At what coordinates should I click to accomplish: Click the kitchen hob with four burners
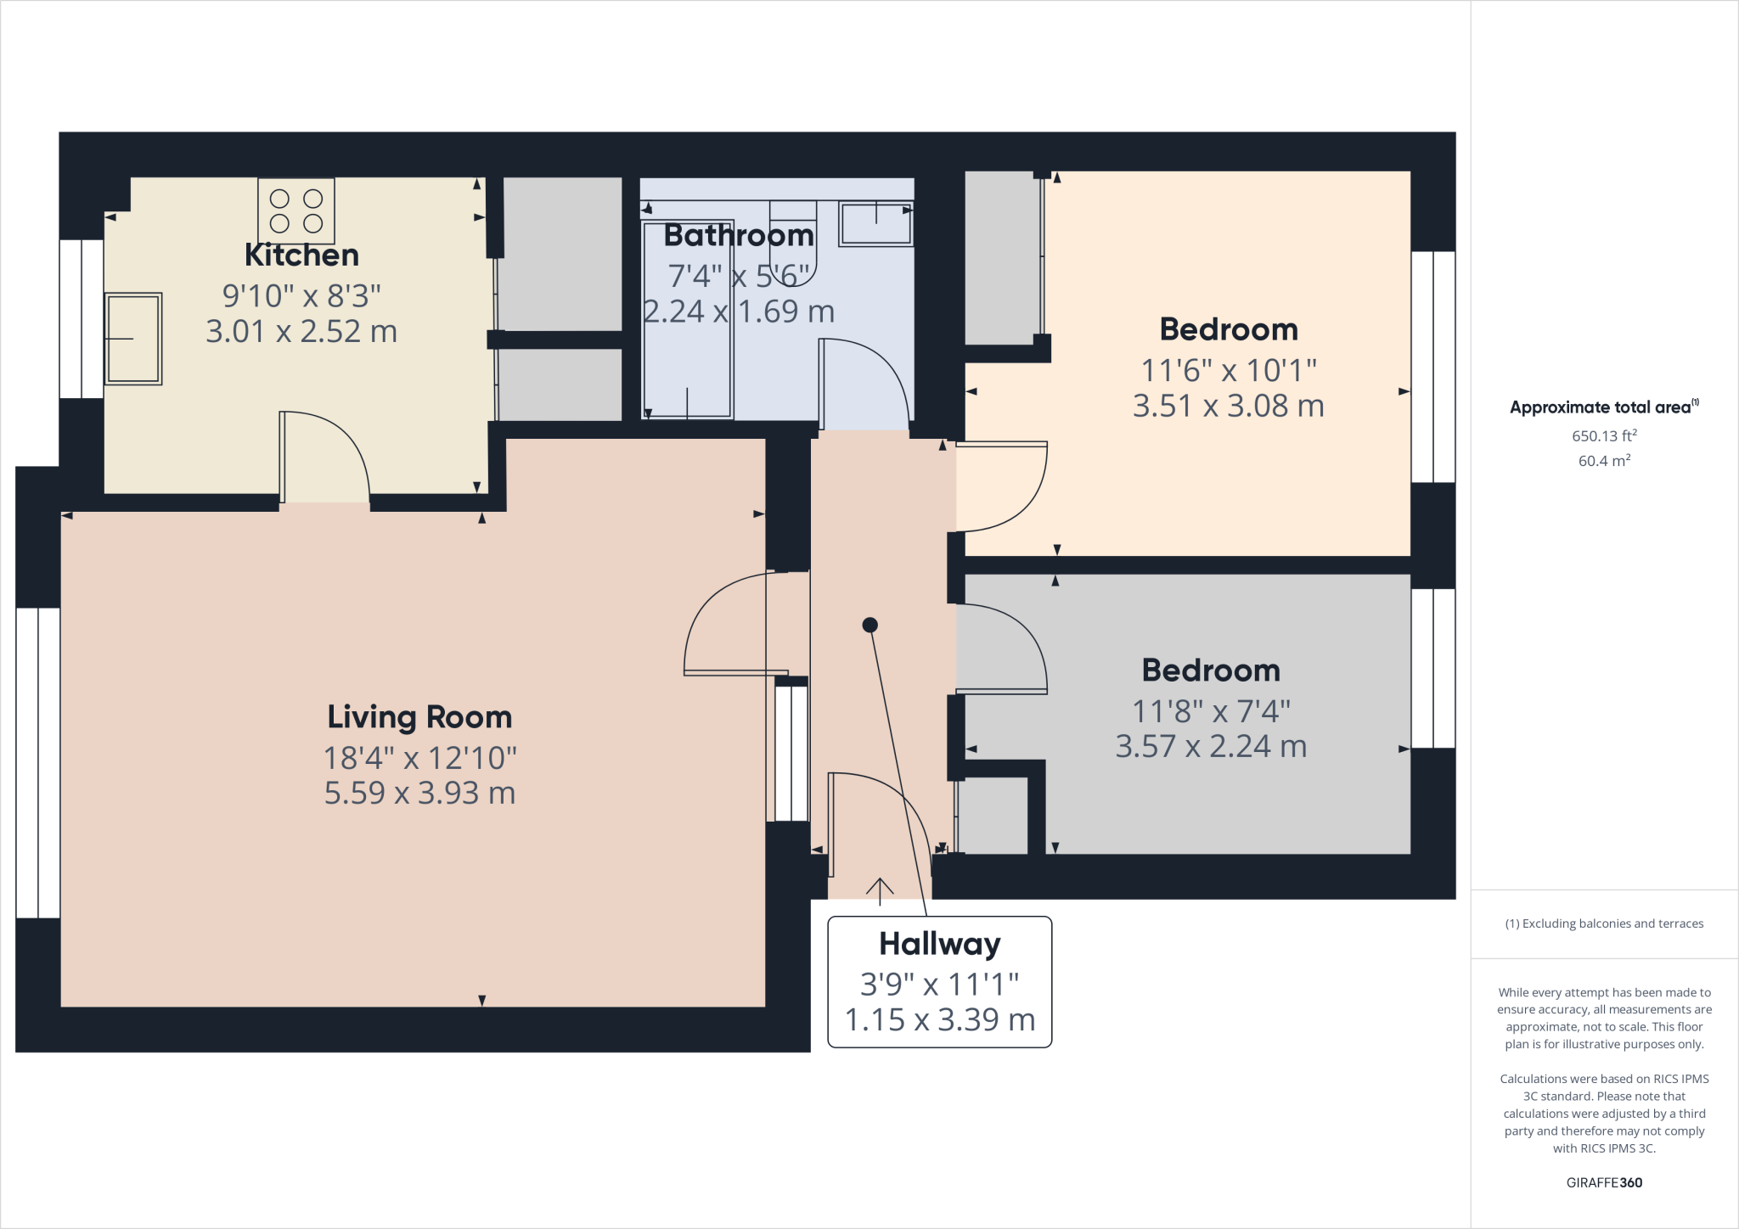click(296, 210)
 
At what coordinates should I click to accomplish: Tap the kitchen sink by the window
click(133, 339)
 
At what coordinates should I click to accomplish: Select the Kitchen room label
click(301, 255)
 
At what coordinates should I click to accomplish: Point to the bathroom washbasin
click(875, 224)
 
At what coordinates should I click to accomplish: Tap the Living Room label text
click(419, 717)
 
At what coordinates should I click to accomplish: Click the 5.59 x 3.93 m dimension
click(419, 793)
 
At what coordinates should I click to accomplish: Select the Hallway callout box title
click(939, 944)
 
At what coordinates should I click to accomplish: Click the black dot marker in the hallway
click(869, 625)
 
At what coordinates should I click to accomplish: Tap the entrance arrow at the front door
click(880, 889)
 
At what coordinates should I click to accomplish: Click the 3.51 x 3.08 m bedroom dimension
click(1228, 406)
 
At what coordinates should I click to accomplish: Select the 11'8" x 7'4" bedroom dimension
click(1211, 710)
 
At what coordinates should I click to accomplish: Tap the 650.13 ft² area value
click(1604, 435)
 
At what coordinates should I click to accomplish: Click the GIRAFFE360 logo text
click(1604, 1182)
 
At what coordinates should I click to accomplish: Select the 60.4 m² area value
click(1604, 461)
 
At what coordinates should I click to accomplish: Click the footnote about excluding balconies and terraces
click(1604, 923)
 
